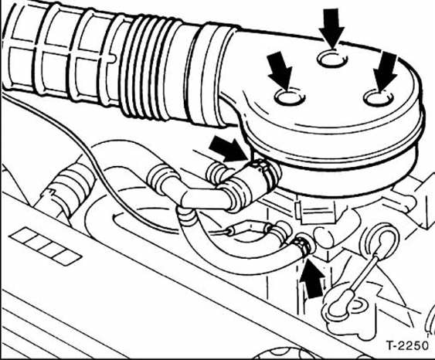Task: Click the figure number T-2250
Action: (x=407, y=345)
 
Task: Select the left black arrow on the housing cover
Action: (x=280, y=71)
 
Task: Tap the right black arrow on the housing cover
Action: (x=385, y=72)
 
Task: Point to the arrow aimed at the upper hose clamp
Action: (x=228, y=150)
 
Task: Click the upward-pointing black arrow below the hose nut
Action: (x=312, y=277)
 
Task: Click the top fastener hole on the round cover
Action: (x=332, y=59)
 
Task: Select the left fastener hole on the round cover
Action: (x=290, y=97)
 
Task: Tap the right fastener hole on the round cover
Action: (x=379, y=98)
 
